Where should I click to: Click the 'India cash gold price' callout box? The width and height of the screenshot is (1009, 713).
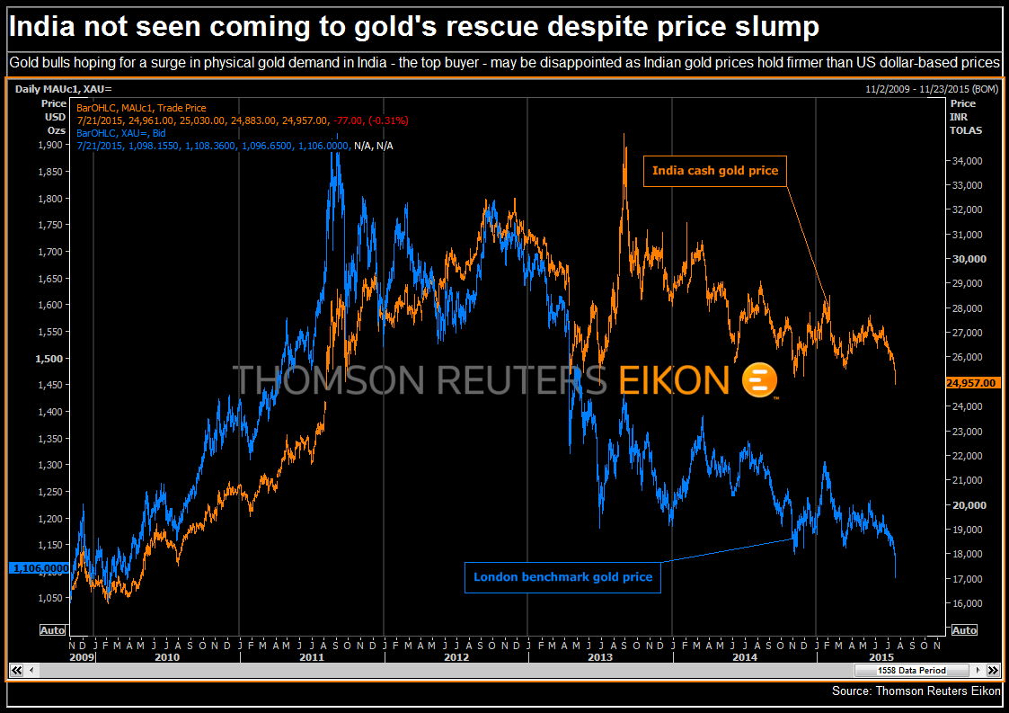(715, 171)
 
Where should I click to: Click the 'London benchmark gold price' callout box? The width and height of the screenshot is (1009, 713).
(562, 577)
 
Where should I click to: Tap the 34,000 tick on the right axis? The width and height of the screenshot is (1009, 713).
(967, 161)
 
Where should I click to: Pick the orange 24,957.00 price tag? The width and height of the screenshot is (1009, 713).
(972, 383)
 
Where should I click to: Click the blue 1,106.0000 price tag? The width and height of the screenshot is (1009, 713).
(39, 568)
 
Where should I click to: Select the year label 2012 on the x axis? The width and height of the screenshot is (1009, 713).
(456, 658)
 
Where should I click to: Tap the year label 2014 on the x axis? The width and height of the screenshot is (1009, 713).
(745, 658)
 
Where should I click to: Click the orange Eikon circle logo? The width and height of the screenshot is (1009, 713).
(759, 380)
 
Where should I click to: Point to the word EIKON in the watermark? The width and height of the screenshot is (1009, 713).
(674, 380)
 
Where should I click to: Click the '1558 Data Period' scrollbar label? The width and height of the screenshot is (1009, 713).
(911, 671)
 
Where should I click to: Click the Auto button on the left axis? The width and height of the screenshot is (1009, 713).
(52, 630)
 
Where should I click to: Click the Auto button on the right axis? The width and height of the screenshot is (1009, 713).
(964, 630)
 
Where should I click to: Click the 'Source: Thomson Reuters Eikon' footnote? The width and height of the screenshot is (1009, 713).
(916, 691)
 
